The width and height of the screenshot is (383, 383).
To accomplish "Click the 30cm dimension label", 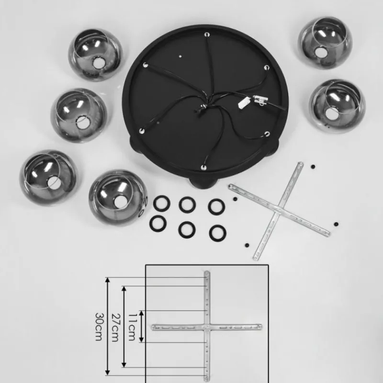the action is point(99,327).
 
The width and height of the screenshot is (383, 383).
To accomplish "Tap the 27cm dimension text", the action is point(115,327).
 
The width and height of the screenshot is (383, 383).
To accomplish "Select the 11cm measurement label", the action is point(132,327).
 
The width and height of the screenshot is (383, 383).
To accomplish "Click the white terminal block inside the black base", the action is point(244,102).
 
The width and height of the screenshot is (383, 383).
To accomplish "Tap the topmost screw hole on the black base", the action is point(207,34).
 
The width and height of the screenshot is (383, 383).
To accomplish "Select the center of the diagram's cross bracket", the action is point(207,327).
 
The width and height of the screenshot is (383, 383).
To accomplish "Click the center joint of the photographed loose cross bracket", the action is point(279,210).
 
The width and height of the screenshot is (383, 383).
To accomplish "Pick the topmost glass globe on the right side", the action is point(325,42).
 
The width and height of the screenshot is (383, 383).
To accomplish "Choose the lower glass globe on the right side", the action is point(337,106).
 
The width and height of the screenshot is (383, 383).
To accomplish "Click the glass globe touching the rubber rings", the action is point(118,197).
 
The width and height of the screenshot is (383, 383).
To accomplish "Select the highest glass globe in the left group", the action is point(95,55).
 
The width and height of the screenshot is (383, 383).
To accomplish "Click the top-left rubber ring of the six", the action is point(162,203).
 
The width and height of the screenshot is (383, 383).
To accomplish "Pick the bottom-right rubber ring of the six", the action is point(218,233).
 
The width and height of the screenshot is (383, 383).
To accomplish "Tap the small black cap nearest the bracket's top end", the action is point(313,167).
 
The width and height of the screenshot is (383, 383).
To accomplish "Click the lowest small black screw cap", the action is point(247,245).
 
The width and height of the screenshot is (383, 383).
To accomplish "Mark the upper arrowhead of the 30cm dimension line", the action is point(107,280).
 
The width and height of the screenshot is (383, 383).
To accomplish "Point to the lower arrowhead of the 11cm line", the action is point(141,339).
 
